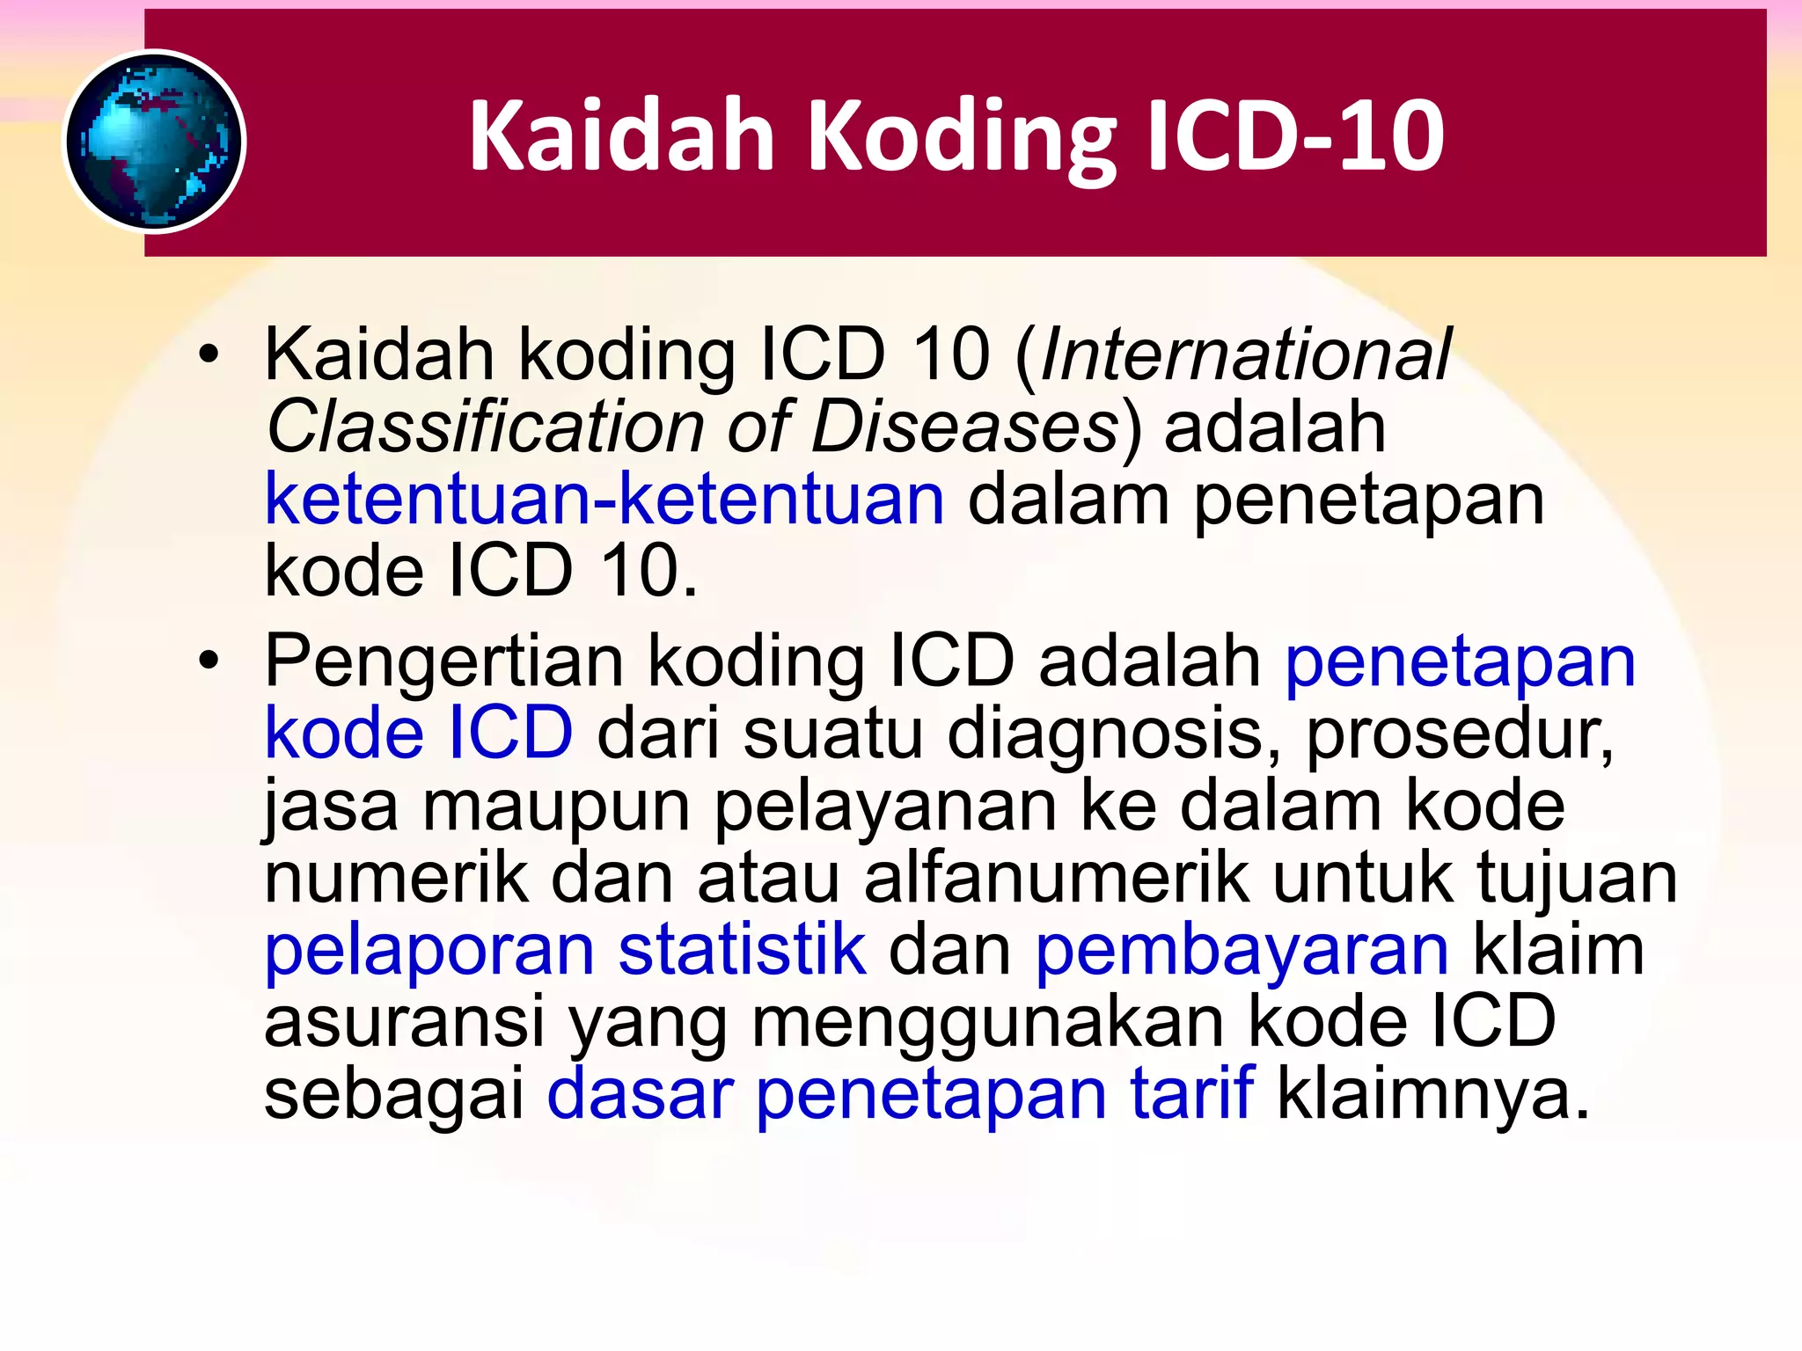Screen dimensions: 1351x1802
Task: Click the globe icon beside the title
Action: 155,142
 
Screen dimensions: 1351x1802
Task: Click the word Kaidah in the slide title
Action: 621,136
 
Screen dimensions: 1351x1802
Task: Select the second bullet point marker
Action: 209,661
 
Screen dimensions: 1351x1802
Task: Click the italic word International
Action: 1244,354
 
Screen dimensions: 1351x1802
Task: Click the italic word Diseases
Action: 964,427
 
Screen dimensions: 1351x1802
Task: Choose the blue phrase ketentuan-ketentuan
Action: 604,499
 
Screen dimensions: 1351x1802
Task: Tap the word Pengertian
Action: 444,662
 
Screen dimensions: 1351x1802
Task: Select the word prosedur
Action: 1460,734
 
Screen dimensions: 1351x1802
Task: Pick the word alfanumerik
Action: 1056,877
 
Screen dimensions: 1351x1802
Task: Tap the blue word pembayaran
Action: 1242,951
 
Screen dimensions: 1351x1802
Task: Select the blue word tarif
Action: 1191,1093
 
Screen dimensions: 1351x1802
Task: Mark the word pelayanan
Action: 884,807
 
